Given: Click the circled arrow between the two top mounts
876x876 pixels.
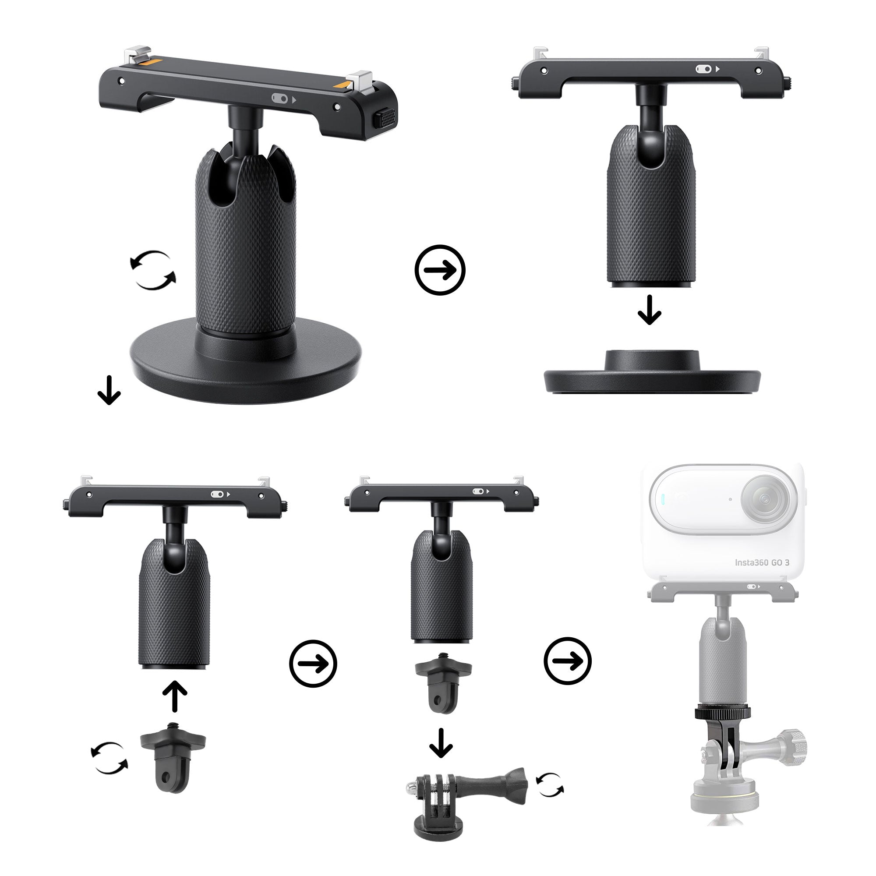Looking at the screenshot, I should click(x=440, y=270).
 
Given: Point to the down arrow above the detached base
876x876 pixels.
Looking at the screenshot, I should click(x=649, y=310).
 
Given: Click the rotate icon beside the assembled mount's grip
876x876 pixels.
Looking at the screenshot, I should click(x=153, y=270).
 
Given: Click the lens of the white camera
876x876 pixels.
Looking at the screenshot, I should click(x=765, y=499).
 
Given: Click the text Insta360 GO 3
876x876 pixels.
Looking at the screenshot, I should click(x=762, y=563).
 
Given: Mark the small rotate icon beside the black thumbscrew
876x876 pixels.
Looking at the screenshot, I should click(x=550, y=785).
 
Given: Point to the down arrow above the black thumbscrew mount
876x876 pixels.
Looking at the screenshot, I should click(x=441, y=743).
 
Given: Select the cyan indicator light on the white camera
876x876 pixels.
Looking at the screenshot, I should click(x=663, y=499).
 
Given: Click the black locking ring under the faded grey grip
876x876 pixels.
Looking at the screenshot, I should click(x=723, y=713).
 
